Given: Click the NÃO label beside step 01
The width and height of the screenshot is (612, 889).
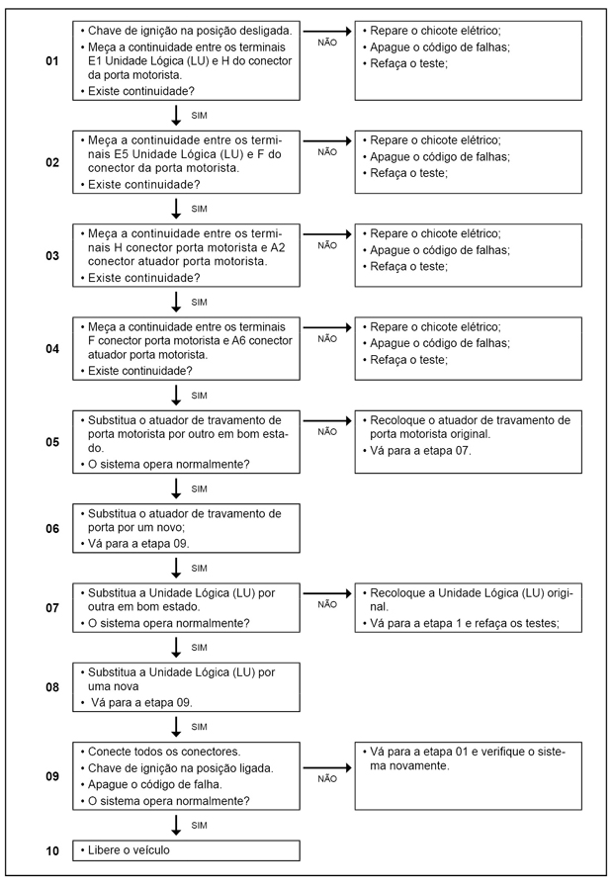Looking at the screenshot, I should coord(327,43).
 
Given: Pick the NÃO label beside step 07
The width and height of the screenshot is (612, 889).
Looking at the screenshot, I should coord(327,603).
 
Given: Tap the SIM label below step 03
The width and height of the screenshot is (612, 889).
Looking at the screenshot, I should coord(199,303).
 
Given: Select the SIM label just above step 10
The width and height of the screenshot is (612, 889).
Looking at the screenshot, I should coord(199,825).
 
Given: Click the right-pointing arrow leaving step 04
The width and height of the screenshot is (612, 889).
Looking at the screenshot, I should coord(327,325).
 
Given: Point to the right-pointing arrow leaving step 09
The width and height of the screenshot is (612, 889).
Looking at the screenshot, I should coord(327,767).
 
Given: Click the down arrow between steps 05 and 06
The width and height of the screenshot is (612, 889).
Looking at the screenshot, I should coord(176,489).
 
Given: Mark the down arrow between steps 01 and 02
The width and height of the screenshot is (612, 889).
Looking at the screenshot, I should coord(176,115).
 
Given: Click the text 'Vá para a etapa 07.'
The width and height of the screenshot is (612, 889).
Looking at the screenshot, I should coord(421,451).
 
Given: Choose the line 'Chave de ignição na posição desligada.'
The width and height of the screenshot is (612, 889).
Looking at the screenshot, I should coord(189,31).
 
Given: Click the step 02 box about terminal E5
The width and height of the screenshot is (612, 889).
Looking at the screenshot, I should coord(187,161).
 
